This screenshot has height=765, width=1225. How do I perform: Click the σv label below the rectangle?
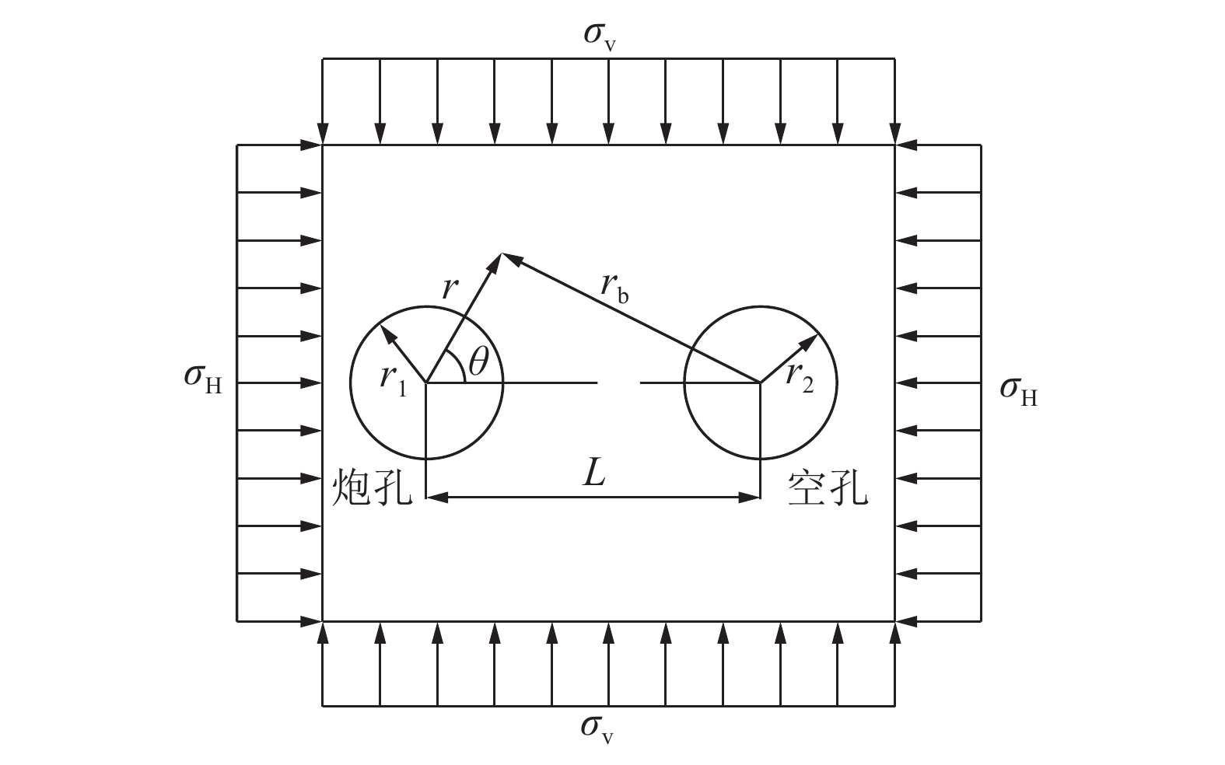click(597, 728)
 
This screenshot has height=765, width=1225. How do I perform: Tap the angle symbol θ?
click(479, 362)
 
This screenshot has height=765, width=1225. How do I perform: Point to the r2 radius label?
click(799, 376)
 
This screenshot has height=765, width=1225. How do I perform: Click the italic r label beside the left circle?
click(449, 288)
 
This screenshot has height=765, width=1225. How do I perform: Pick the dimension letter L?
click(594, 473)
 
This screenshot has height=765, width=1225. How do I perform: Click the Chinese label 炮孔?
click(372, 488)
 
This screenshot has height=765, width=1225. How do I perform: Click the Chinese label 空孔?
click(828, 488)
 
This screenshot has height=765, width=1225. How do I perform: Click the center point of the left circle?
click(426, 382)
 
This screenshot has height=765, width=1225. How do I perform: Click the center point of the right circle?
click(759, 382)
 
